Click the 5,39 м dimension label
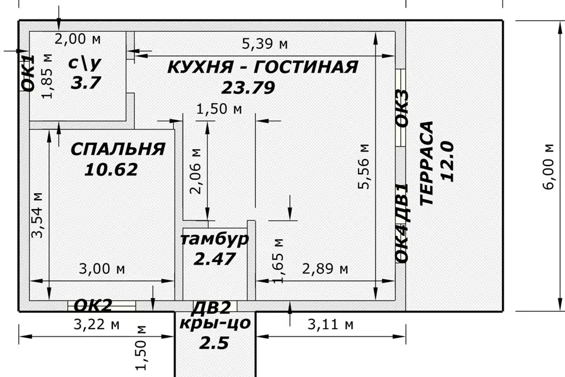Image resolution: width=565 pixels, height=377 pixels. click(x=265, y=44)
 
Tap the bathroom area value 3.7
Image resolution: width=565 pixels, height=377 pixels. click(x=86, y=82)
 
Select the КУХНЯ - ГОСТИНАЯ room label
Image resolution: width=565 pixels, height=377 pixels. click(x=262, y=67)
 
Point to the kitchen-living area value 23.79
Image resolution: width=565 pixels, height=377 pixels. click(x=248, y=87)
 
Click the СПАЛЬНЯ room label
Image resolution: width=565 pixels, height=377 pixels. click(x=118, y=149)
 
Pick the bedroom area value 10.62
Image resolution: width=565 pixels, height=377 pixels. click(x=111, y=170)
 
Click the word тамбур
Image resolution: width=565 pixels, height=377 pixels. click(x=214, y=239)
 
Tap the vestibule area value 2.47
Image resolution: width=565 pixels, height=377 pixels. click(x=215, y=259)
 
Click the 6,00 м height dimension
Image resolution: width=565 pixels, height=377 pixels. click(x=549, y=166)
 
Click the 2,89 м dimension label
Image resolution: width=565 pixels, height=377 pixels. click(x=325, y=269)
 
